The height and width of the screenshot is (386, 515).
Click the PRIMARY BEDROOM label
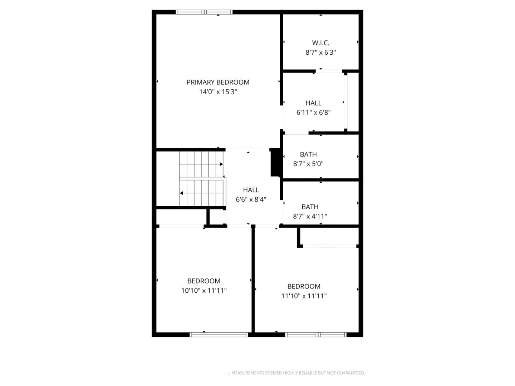point(218,82)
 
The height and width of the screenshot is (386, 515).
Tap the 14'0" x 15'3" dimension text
point(218,91)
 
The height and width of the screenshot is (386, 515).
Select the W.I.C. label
point(320,43)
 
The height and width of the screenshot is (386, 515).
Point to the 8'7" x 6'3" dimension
point(320,52)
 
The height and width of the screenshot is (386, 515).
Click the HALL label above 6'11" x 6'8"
point(313,103)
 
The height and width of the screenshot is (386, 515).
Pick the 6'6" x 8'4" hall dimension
point(251,199)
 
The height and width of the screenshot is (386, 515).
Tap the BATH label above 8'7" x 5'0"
point(308,154)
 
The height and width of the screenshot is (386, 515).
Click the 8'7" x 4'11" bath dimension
point(310,216)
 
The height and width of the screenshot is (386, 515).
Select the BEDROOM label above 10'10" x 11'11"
point(203,281)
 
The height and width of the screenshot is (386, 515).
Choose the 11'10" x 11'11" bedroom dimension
point(304,296)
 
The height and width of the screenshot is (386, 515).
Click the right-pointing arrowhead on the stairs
point(221,164)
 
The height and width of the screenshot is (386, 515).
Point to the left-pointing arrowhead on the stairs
point(181,193)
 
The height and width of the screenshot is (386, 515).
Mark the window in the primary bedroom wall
point(204,12)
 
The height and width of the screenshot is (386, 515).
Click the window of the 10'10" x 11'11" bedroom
point(219,335)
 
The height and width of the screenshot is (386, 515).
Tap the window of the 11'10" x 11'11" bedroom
point(315,335)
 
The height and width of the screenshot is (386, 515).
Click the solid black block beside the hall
point(275,162)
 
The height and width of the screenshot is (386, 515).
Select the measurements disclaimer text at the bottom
point(298,373)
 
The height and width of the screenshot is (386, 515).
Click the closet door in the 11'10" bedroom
point(330,246)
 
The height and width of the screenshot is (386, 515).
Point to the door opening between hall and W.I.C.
point(329,71)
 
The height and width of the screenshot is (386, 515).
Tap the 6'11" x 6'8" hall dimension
point(313,113)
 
